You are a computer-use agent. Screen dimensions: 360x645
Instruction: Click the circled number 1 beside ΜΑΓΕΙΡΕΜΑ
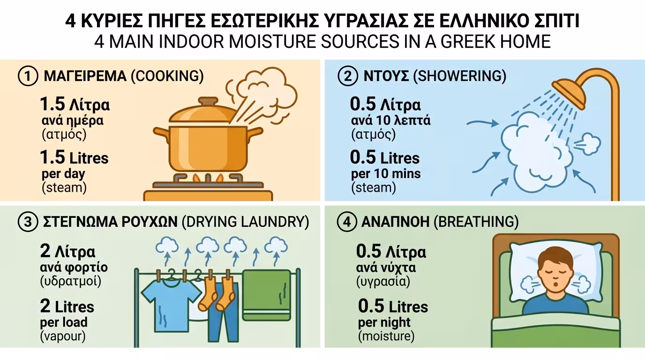tap(28, 76)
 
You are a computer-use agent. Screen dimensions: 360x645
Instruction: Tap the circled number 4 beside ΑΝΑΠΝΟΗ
tap(346, 222)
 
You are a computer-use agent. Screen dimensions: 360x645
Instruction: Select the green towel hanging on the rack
tap(267, 295)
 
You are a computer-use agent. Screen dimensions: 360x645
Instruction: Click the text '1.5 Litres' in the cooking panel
tap(75, 158)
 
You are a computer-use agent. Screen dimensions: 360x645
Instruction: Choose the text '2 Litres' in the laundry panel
tap(67, 307)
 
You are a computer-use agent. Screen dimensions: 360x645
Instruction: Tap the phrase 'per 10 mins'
tap(386, 174)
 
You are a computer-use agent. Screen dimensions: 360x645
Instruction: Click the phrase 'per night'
tap(384, 322)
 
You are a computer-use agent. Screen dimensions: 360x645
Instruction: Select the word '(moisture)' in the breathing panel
tap(386, 336)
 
